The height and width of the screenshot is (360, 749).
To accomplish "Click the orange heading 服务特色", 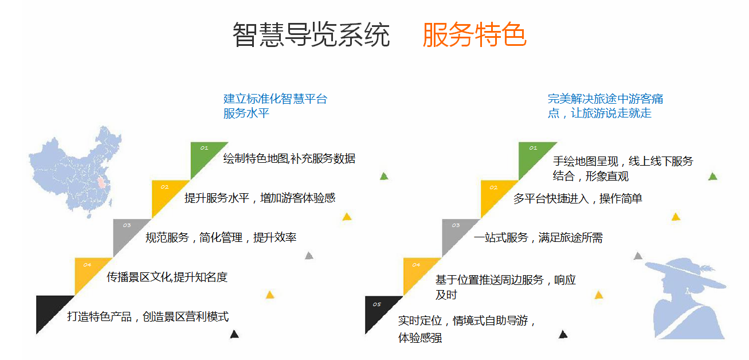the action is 475,35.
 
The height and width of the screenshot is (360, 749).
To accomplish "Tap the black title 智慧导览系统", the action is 311,35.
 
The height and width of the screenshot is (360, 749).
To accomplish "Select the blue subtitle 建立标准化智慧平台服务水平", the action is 275,105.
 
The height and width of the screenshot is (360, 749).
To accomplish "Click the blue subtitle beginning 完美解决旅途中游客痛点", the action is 605,105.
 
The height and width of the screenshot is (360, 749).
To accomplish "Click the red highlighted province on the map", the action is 100,183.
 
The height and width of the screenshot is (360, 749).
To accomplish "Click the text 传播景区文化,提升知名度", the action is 167,277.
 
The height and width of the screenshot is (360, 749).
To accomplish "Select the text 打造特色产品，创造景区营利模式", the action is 148,316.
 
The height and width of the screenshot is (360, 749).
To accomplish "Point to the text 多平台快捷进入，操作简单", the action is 578,198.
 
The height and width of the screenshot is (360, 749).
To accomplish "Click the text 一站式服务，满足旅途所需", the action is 538,237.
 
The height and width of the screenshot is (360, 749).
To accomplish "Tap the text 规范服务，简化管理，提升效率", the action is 221,237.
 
